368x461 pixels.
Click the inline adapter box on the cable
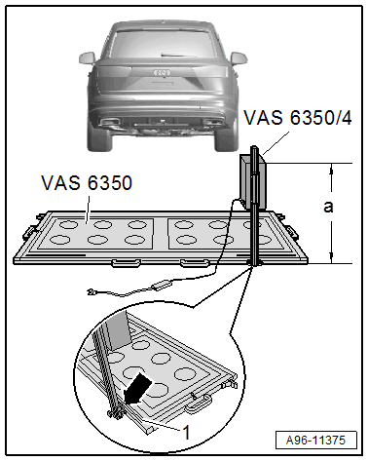pos(162,286)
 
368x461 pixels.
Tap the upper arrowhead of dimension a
pos(332,168)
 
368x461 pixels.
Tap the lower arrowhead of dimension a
pos(332,257)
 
